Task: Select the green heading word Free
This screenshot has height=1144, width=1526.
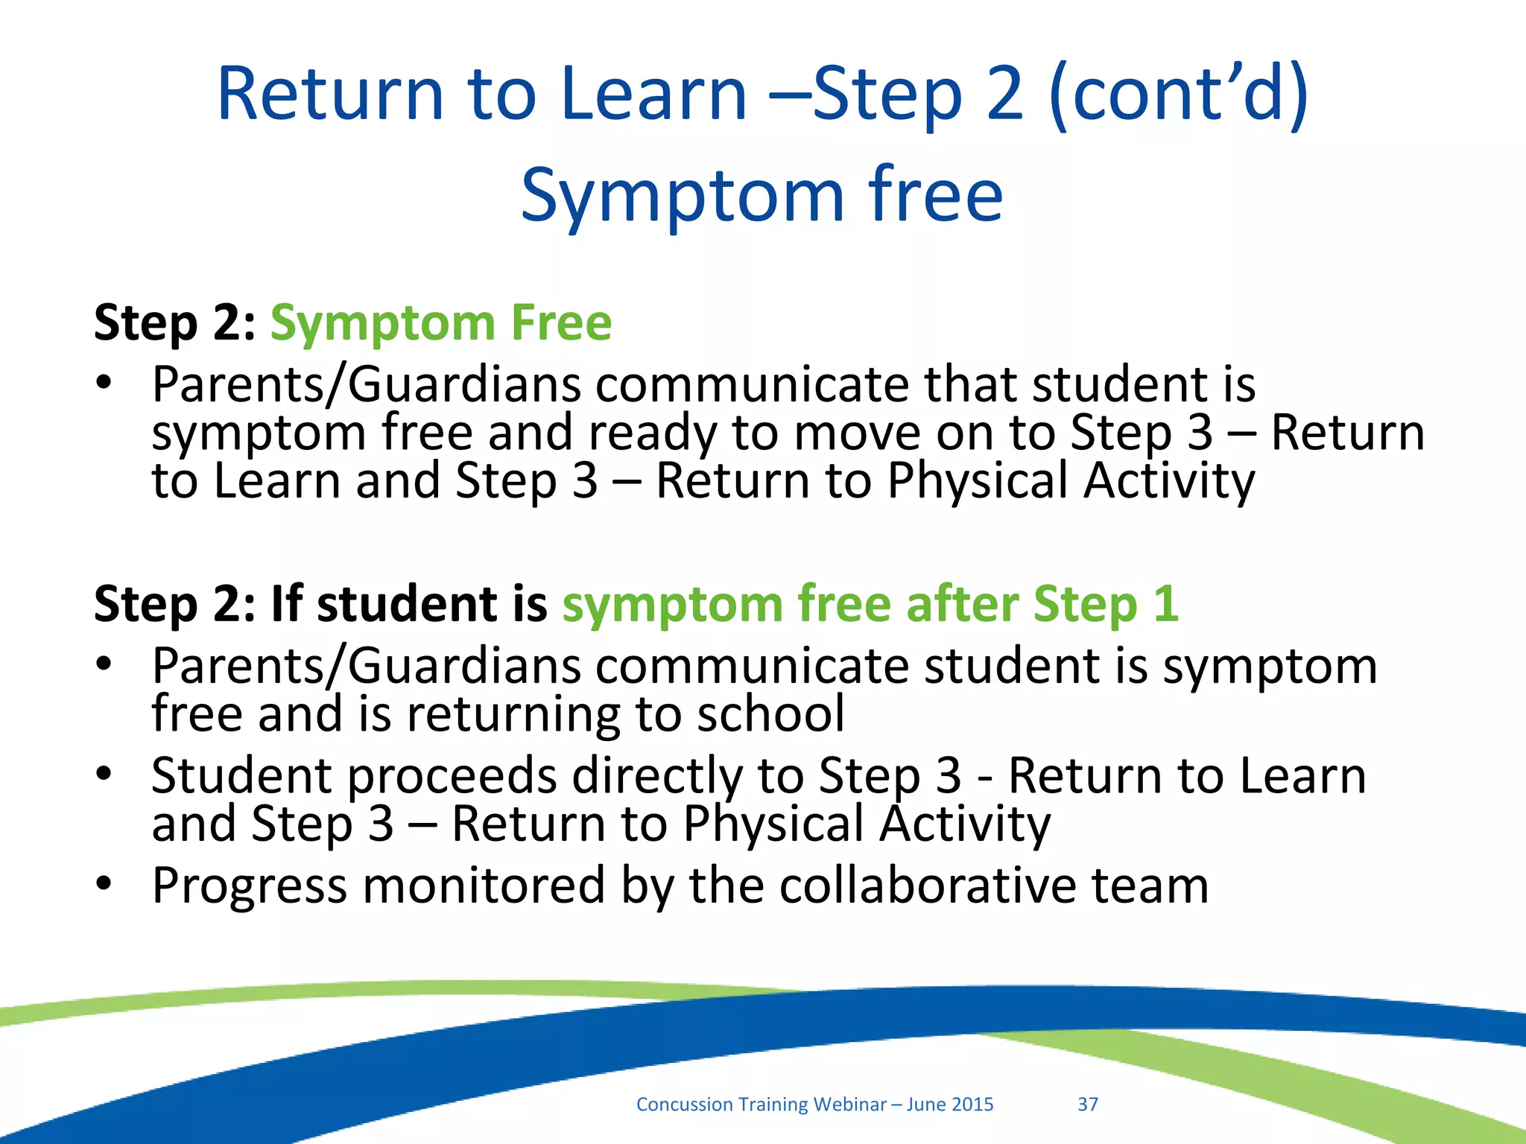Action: tap(560, 322)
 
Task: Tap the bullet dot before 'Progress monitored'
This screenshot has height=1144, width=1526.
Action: tap(104, 883)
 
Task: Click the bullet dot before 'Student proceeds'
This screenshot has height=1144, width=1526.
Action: tap(104, 775)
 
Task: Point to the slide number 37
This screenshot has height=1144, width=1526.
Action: tap(1088, 1104)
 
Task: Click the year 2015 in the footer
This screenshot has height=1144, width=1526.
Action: tap(972, 1104)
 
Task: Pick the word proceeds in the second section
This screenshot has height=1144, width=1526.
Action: tap(452, 775)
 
